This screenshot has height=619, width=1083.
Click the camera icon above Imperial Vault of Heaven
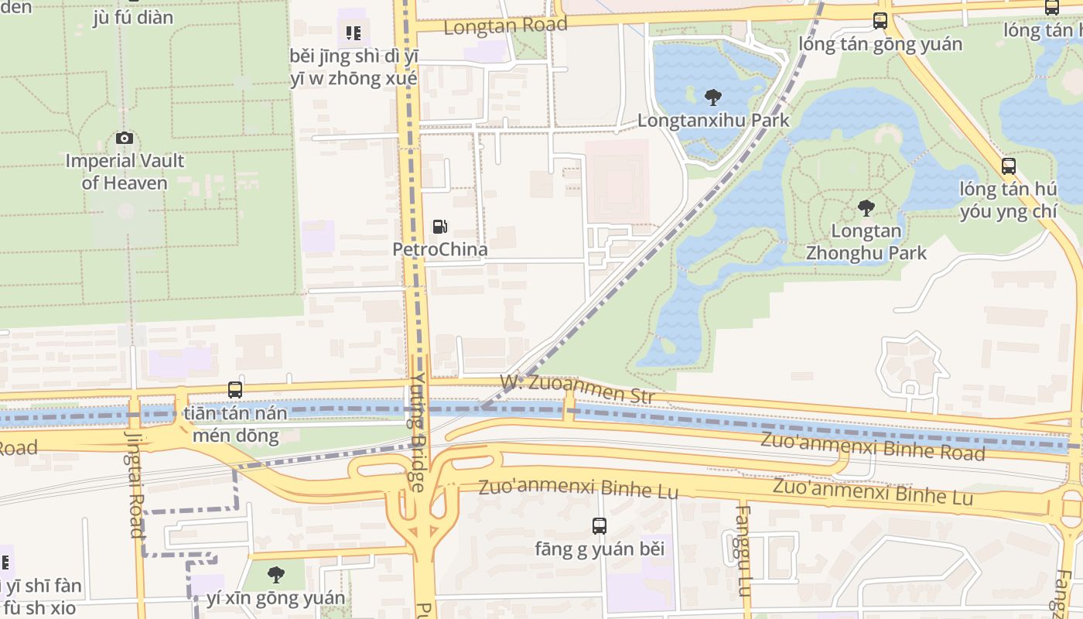click(x=124, y=139)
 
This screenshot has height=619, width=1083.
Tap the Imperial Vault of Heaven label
click(x=125, y=172)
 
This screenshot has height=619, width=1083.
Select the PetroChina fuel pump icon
click(x=439, y=227)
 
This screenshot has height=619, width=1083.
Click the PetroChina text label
click(x=439, y=249)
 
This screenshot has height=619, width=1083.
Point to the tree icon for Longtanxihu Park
click(x=712, y=97)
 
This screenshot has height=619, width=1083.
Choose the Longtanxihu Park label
click(x=712, y=120)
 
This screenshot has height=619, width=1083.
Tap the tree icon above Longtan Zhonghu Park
click(x=866, y=208)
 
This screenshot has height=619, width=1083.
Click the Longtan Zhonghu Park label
click(x=866, y=241)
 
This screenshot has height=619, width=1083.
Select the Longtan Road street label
click(x=505, y=26)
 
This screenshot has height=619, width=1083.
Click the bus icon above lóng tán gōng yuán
click(x=880, y=21)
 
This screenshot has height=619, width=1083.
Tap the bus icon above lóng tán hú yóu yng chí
click(x=1008, y=166)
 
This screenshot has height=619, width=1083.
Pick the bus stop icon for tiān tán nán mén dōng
click(x=235, y=390)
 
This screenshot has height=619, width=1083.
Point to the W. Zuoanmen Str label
click(x=577, y=389)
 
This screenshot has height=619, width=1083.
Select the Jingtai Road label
click(x=135, y=484)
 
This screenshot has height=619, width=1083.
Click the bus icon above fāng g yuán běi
click(x=600, y=526)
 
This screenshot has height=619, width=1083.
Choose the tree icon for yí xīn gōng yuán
click(x=275, y=575)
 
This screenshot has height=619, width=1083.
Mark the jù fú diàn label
click(x=132, y=17)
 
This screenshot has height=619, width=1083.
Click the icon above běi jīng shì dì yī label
click(x=354, y=33)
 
